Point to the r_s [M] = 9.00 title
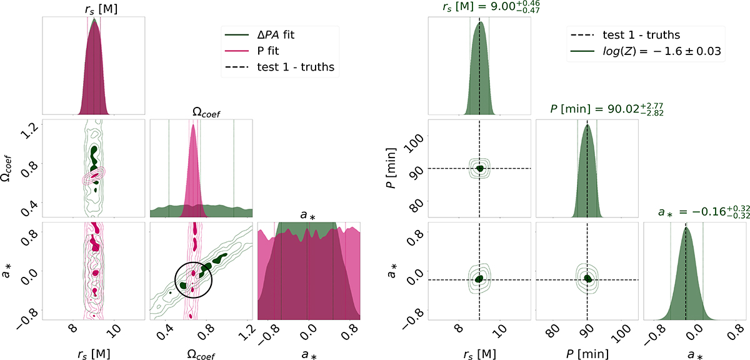pyautogui.click(x=480, y=9)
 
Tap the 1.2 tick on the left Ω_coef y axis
pyautogui.click(x=29, y=129)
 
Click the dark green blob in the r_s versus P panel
pyautogui.click(x=480, y=168)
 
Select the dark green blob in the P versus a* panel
pyautogui.click(x=587, y=279)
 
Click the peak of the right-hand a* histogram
pyautogui.click(x=686, y=227)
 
